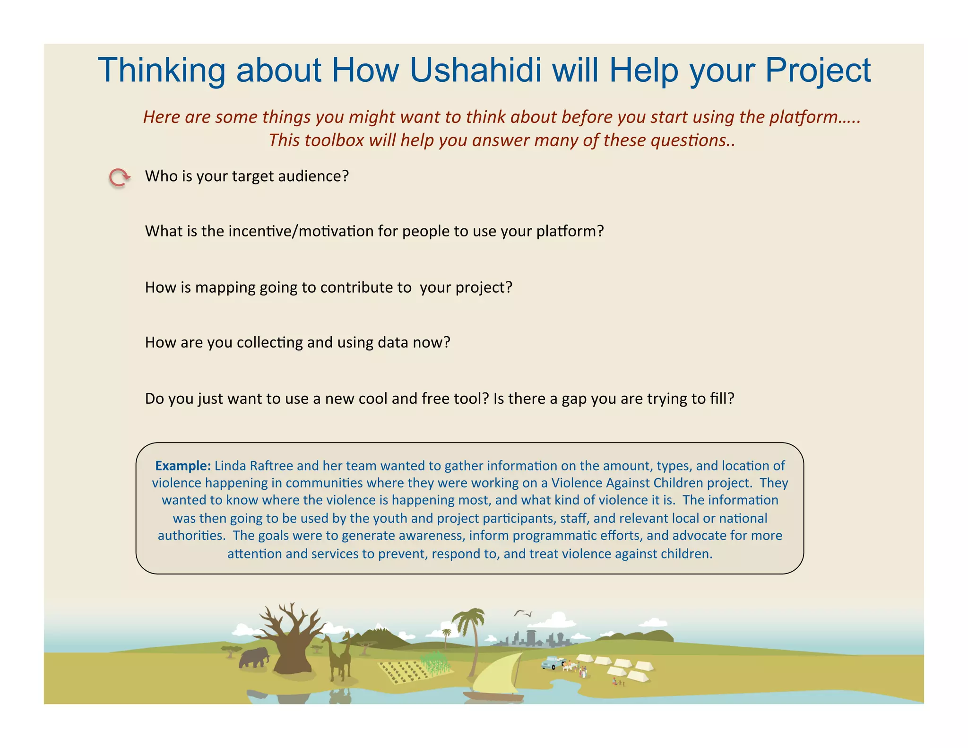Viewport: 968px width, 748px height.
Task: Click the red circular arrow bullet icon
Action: [119, 178]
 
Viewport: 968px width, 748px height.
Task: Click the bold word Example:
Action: [183, 466]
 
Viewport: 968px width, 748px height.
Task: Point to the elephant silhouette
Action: [254, 658]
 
